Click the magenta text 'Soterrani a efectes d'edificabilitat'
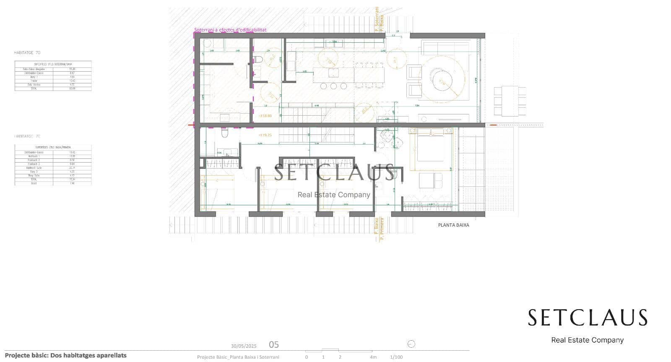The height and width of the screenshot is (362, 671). point(230,30)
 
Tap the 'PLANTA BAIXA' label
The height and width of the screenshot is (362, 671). point(453,225)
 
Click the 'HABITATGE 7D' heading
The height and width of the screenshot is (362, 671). point(27,53)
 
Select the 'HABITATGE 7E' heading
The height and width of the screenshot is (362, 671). point(27,136)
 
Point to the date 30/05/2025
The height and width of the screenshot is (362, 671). point(244,346)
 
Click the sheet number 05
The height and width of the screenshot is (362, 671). point(273,344)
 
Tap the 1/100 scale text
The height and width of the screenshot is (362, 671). point(396,357)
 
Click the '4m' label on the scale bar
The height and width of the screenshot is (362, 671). point(373,357)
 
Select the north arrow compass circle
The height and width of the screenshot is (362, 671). point(411,344)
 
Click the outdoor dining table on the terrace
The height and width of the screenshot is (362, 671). point(509,101)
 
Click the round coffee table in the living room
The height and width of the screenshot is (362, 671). point(442,80)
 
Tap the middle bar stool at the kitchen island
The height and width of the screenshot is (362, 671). point(333,86)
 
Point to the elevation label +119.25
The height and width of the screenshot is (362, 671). point(265,135)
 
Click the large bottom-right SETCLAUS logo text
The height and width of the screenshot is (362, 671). point(587,318)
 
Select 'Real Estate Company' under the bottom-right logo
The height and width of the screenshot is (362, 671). point(587,340)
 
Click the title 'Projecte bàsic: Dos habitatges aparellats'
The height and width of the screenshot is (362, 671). point(66,355)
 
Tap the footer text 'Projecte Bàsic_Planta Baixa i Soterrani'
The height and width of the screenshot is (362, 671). point(238,357)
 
